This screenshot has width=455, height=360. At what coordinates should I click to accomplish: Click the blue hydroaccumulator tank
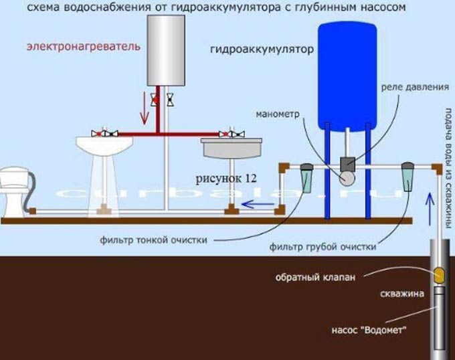[347, 76]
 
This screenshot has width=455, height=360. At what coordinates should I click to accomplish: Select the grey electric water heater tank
[166, 50]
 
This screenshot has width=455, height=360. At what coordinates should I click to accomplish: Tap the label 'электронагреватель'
[84, 46]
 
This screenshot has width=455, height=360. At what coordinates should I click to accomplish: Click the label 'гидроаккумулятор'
[262, 50]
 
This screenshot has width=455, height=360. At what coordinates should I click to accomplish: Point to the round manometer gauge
[347, 178]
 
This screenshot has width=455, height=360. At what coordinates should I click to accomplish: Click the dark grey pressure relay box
[348, 164]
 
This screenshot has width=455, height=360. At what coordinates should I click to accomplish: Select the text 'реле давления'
[415, 87]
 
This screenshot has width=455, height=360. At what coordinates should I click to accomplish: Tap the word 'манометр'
[277, 114]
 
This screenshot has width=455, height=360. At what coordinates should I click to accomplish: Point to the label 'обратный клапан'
[315, 277]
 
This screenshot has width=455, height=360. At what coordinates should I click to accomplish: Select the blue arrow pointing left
[258, 205]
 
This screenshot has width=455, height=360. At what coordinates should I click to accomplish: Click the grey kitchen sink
[232, 148]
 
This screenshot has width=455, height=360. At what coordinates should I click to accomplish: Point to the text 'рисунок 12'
[226, 179]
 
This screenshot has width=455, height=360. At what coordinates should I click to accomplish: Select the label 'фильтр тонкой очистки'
[153, 240]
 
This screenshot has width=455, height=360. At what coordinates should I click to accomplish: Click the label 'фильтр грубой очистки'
[323, 247]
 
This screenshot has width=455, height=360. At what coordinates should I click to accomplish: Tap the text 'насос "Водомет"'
[369, 330]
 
